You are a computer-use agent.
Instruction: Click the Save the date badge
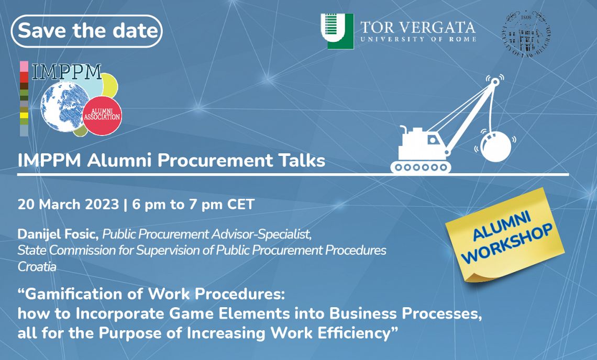[x=87, y=31]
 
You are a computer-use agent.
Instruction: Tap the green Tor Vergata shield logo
[x=337, y=31]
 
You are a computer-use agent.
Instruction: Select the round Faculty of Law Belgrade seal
[x=526, y=33]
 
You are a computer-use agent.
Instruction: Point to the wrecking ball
[x=496, y=147]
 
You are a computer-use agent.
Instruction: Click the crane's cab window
[x=433, y=140]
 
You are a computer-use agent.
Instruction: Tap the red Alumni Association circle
[x=102, y=115]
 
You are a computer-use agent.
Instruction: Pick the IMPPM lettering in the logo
[x=67, y=72]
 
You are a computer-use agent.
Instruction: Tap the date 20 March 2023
[x=68, y=205]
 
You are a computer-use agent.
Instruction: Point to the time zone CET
[x=240, y=205]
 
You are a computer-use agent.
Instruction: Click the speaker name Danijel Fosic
[x=58, y=234]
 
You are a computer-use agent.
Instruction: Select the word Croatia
[x=37, y=267]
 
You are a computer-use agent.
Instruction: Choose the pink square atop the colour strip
[x=24, y=66]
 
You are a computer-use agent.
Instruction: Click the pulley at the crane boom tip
[x=494, y=82]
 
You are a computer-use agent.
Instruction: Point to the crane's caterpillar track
[x=421, y=167]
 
